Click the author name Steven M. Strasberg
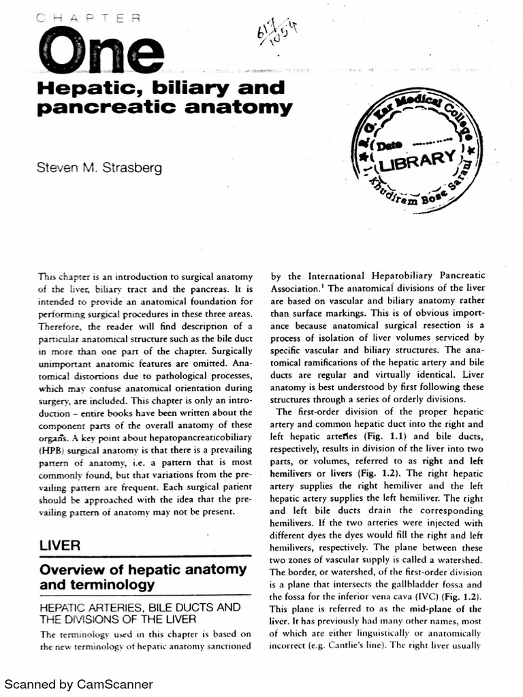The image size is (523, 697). click(x=99, y=166)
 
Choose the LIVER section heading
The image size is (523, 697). click(x=60, y=545)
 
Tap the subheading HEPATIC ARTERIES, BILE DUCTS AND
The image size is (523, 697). click(x=140, y=606)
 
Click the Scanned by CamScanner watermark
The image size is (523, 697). click(x=79, y=684)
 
